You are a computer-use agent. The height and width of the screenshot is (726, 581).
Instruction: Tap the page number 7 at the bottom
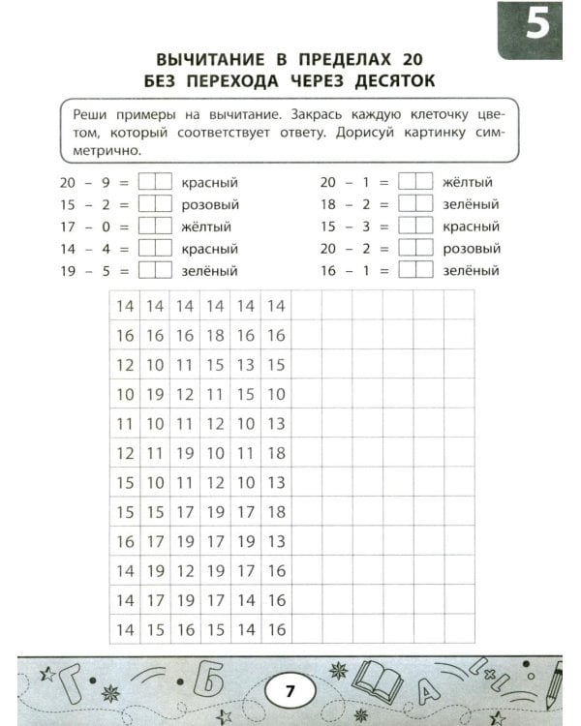290,691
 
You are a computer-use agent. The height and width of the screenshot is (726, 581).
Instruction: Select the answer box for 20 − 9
154,182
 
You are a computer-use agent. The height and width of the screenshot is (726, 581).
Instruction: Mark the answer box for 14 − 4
154,249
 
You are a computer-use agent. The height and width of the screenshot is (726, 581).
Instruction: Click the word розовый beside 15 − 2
209,204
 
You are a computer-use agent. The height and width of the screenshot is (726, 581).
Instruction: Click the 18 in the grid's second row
215,335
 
